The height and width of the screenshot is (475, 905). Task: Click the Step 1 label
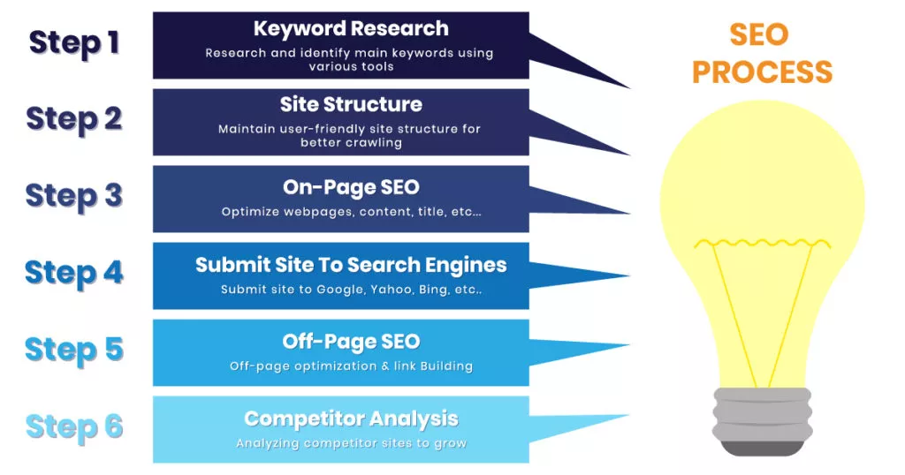point(73,41)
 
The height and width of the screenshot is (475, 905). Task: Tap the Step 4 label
point(73,273)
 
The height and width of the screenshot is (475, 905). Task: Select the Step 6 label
point(73,426)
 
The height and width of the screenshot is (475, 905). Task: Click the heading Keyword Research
point(350,29)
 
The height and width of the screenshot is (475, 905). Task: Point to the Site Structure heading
point(350,105)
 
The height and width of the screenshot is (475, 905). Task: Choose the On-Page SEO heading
point(350,187)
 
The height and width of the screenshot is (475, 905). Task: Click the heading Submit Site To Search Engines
point(350,265)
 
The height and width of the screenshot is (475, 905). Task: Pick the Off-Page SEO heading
point(350,342)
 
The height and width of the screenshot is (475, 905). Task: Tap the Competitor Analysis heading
point(350,418)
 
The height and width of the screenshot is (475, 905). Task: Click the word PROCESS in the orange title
point(762,72)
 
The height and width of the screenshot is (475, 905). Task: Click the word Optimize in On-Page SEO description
point(250,212)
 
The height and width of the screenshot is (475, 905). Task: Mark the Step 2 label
point(73,118)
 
